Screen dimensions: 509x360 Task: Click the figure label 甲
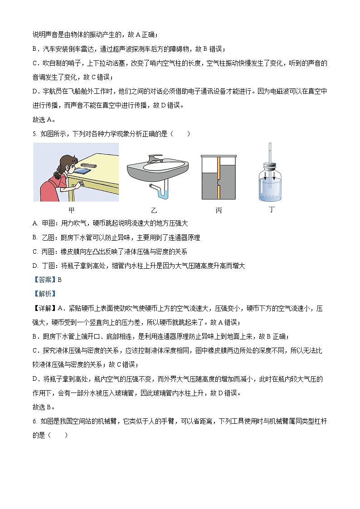72,210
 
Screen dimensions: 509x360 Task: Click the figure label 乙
154,210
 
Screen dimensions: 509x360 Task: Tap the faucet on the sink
156,158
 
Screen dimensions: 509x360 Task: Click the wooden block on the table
88,166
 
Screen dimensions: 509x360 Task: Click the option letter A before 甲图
35,223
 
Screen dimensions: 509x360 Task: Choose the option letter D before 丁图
35,266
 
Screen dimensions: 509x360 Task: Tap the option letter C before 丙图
35,252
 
